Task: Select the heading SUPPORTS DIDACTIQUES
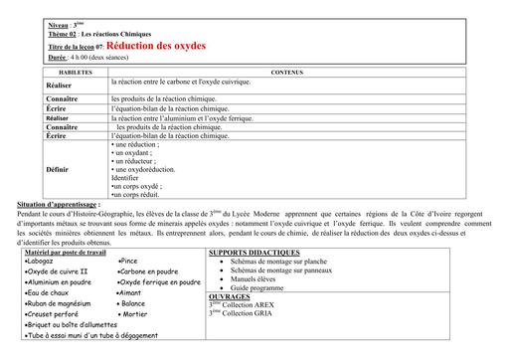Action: pyautogui.click(x=255, y=254)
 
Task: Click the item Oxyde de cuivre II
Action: pyautogui.click(x=58, y=271)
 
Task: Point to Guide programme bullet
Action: pyautogui.click(x=259, y=287)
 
